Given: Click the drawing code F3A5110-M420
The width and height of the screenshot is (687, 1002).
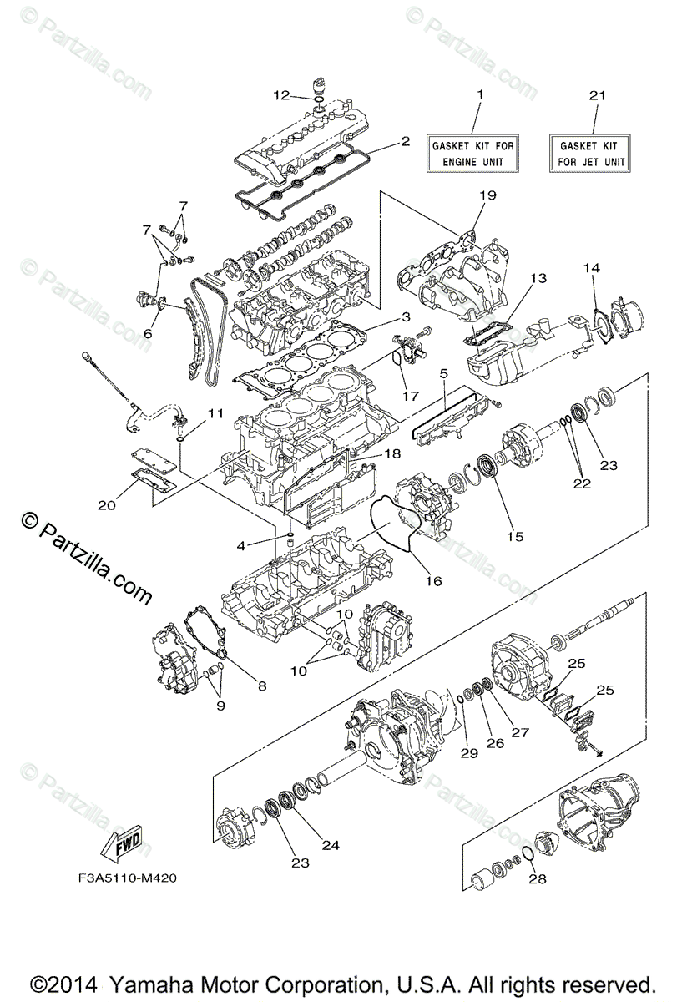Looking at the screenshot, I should click(x=124, y=878).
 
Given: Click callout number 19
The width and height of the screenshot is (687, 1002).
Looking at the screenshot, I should click(x=487, y=195).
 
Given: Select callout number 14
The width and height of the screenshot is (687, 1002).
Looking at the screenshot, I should click(x=591, y=268).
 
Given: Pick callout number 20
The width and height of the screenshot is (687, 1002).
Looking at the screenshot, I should click(x=106, y=504).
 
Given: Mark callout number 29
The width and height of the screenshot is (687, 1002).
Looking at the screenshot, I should click(x=468, y=752).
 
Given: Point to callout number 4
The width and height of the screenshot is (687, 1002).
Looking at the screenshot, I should click(x=240, y=546).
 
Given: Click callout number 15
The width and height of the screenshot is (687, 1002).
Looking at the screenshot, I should click(x=514, y=536).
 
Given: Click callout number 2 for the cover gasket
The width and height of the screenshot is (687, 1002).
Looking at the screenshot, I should click(x=405, y=141).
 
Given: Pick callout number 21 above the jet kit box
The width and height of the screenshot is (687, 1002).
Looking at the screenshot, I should click(x=596, y=95).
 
